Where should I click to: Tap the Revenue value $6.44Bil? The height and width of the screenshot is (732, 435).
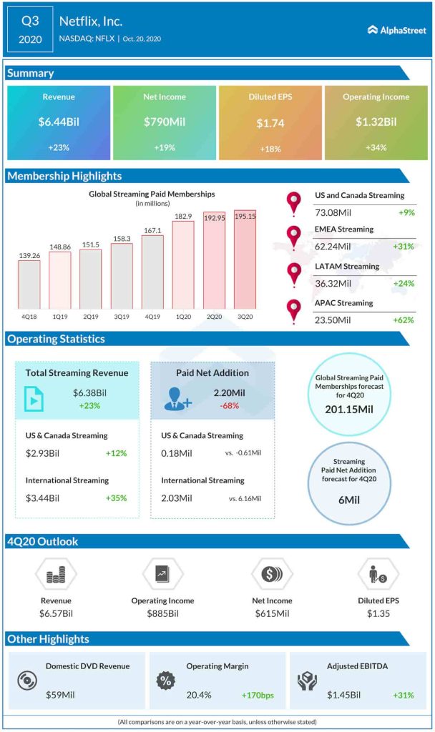(x=59, y=122)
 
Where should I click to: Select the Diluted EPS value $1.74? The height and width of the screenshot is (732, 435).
(x=270, y=123)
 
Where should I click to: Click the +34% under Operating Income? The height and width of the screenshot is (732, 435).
(x=376, y=148)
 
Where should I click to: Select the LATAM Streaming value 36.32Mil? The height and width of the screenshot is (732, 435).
(x=333, y=283)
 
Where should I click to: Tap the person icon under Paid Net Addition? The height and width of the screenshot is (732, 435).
(x=177, y=399)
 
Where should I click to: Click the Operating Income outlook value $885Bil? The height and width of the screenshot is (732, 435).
(x=162, y=613)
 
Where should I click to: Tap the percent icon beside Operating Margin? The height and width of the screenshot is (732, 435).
(x=165, y=681)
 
